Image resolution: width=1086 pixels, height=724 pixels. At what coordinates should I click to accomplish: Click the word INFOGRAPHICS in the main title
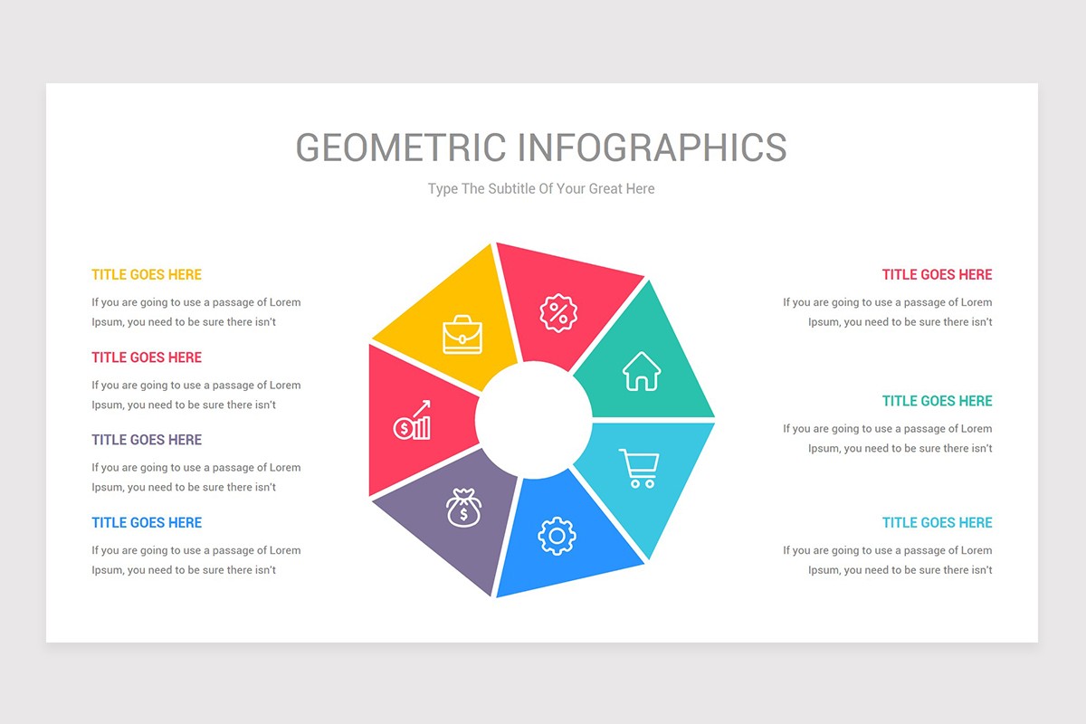click(x=653, y=148)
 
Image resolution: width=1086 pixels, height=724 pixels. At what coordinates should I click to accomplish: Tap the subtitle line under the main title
click(x=541, y=189)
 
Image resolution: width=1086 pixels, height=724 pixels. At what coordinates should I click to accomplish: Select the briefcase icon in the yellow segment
click(x=462, y=334)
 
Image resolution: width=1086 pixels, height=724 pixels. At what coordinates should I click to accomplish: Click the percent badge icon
click(x=556, y=313)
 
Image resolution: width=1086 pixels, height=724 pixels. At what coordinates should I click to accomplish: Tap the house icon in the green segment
click(x=642, y=371)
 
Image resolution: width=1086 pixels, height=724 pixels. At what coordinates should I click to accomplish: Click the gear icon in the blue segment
click(x=556, y=536)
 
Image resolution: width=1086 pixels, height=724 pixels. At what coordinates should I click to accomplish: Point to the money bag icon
click(x=463, y=508)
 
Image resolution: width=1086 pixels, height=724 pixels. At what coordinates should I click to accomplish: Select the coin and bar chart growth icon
click(x=413, y=421)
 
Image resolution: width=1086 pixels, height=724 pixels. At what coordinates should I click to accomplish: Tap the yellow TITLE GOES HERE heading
click(x=147, y=275)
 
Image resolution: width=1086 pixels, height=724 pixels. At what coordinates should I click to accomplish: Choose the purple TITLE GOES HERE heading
click(x=147, y=440)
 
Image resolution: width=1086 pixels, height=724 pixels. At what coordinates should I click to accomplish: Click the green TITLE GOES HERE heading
click(x=937, y=401)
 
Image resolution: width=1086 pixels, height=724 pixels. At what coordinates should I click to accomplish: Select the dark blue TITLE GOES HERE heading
click(x=147, y=522)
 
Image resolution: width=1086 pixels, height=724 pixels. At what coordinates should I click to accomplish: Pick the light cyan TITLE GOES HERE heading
click(x=937, y=522)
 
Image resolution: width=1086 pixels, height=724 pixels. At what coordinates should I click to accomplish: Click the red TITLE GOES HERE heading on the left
click(x=147, y=357)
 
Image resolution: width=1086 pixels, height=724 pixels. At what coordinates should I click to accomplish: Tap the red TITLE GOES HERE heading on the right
click(x=937, y=275)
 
